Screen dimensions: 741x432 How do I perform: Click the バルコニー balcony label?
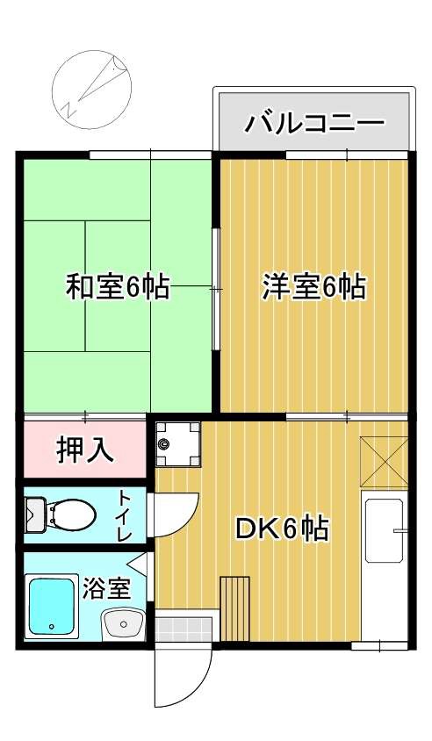pos(313,120)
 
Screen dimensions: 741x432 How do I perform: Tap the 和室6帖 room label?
pos(119,287)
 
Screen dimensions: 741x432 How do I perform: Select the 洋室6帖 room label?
pos(313,287)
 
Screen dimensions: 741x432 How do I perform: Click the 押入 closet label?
pos(85,450)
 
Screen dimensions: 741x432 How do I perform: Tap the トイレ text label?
pos(124,514)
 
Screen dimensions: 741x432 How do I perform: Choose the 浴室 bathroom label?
pos(106,587)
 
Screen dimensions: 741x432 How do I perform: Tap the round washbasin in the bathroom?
pos(123,624)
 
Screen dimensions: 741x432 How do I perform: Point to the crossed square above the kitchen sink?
pos(385,462)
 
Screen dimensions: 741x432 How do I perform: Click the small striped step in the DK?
pos(235,609)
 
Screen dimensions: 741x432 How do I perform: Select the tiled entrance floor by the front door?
pos(184,629)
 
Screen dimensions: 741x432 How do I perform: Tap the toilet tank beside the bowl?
pos(35,514)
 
